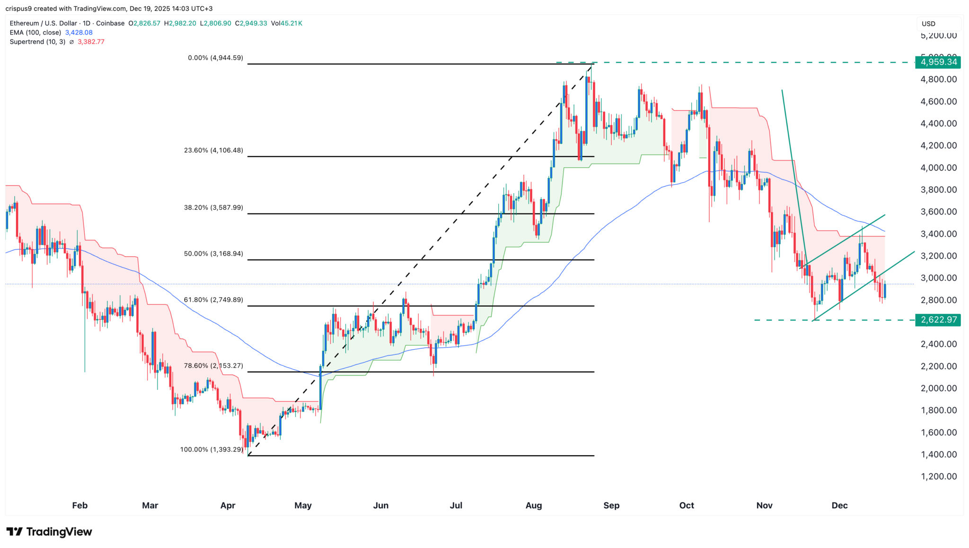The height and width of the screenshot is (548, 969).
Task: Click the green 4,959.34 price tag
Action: tap(938, 62)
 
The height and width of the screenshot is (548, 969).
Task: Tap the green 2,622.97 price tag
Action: tap(938, 320)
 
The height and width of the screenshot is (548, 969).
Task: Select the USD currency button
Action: tap(928, 24)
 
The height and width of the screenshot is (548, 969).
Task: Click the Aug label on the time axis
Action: tap(534, 505)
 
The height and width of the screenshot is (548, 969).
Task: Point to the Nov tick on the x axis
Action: tap(764, 505)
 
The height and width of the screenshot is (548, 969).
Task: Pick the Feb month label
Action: tap(80, 505)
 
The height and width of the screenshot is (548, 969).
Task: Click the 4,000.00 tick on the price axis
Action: tap(938, 168)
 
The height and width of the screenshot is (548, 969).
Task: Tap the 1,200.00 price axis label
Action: tap(938, 477)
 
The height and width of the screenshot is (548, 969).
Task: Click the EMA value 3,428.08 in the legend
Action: tap(79, 33)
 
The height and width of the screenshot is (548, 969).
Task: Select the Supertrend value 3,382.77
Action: tap(91, 42)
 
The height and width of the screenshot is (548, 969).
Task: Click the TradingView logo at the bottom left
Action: tap(49, 532)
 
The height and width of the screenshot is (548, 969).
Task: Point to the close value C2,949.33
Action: tap(251, 23)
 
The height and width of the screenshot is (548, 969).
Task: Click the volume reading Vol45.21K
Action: tap(286, 23)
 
